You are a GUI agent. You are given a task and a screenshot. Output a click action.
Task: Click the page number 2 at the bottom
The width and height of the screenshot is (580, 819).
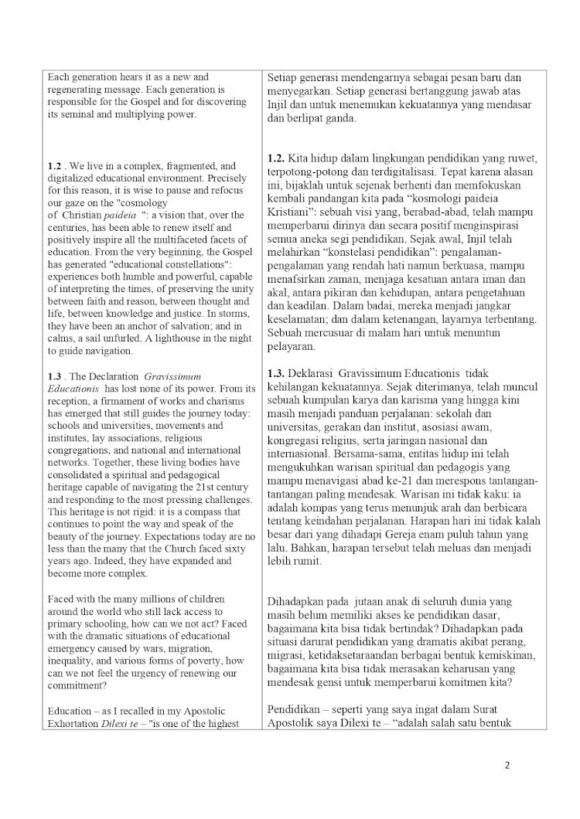[x=507, y=766]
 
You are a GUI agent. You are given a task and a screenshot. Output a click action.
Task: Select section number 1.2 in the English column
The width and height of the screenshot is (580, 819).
[x=54, y=166]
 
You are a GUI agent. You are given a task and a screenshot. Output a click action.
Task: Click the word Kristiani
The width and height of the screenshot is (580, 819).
[x=290, y=200]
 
